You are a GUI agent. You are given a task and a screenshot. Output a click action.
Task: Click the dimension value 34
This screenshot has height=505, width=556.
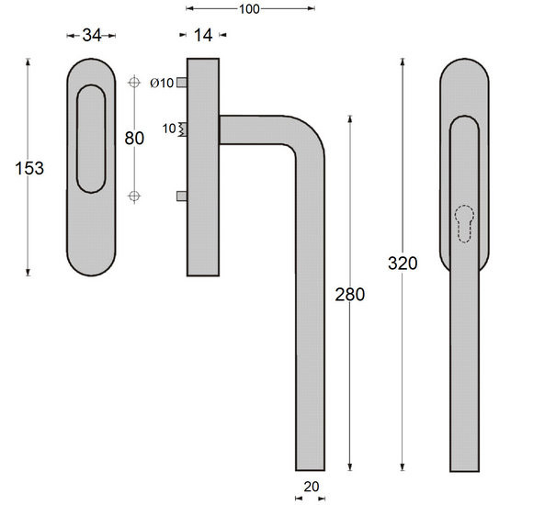pyautogui.click(x=92, y=36)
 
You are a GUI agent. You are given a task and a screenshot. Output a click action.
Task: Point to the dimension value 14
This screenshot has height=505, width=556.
pyautogui.click(x=203, y=36)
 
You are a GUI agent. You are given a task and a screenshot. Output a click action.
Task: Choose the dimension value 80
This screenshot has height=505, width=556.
pyautogui.click(x=135, y=139)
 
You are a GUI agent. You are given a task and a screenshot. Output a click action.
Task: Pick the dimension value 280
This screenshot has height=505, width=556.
pyautogui.click(x=350, y=295)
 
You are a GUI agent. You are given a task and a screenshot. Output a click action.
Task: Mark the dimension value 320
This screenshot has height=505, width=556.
pyautogui.click(x=403, y=264)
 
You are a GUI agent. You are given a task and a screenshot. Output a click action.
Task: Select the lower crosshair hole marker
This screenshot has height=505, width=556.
pyautogui.click(x=135, y=195)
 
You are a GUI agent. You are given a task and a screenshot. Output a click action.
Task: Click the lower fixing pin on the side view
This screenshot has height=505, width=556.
pyautogui.click(x=182, y=196)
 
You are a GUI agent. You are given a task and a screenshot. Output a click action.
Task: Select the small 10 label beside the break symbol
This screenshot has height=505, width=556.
pyautogui.click(x=168, y=129)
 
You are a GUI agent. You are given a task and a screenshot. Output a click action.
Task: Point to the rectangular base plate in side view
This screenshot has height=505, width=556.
pyautogui.click(x=203, y=166)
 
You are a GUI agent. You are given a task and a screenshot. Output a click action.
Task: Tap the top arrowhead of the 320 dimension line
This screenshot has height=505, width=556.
pyautogui.click(x=402, y=61)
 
